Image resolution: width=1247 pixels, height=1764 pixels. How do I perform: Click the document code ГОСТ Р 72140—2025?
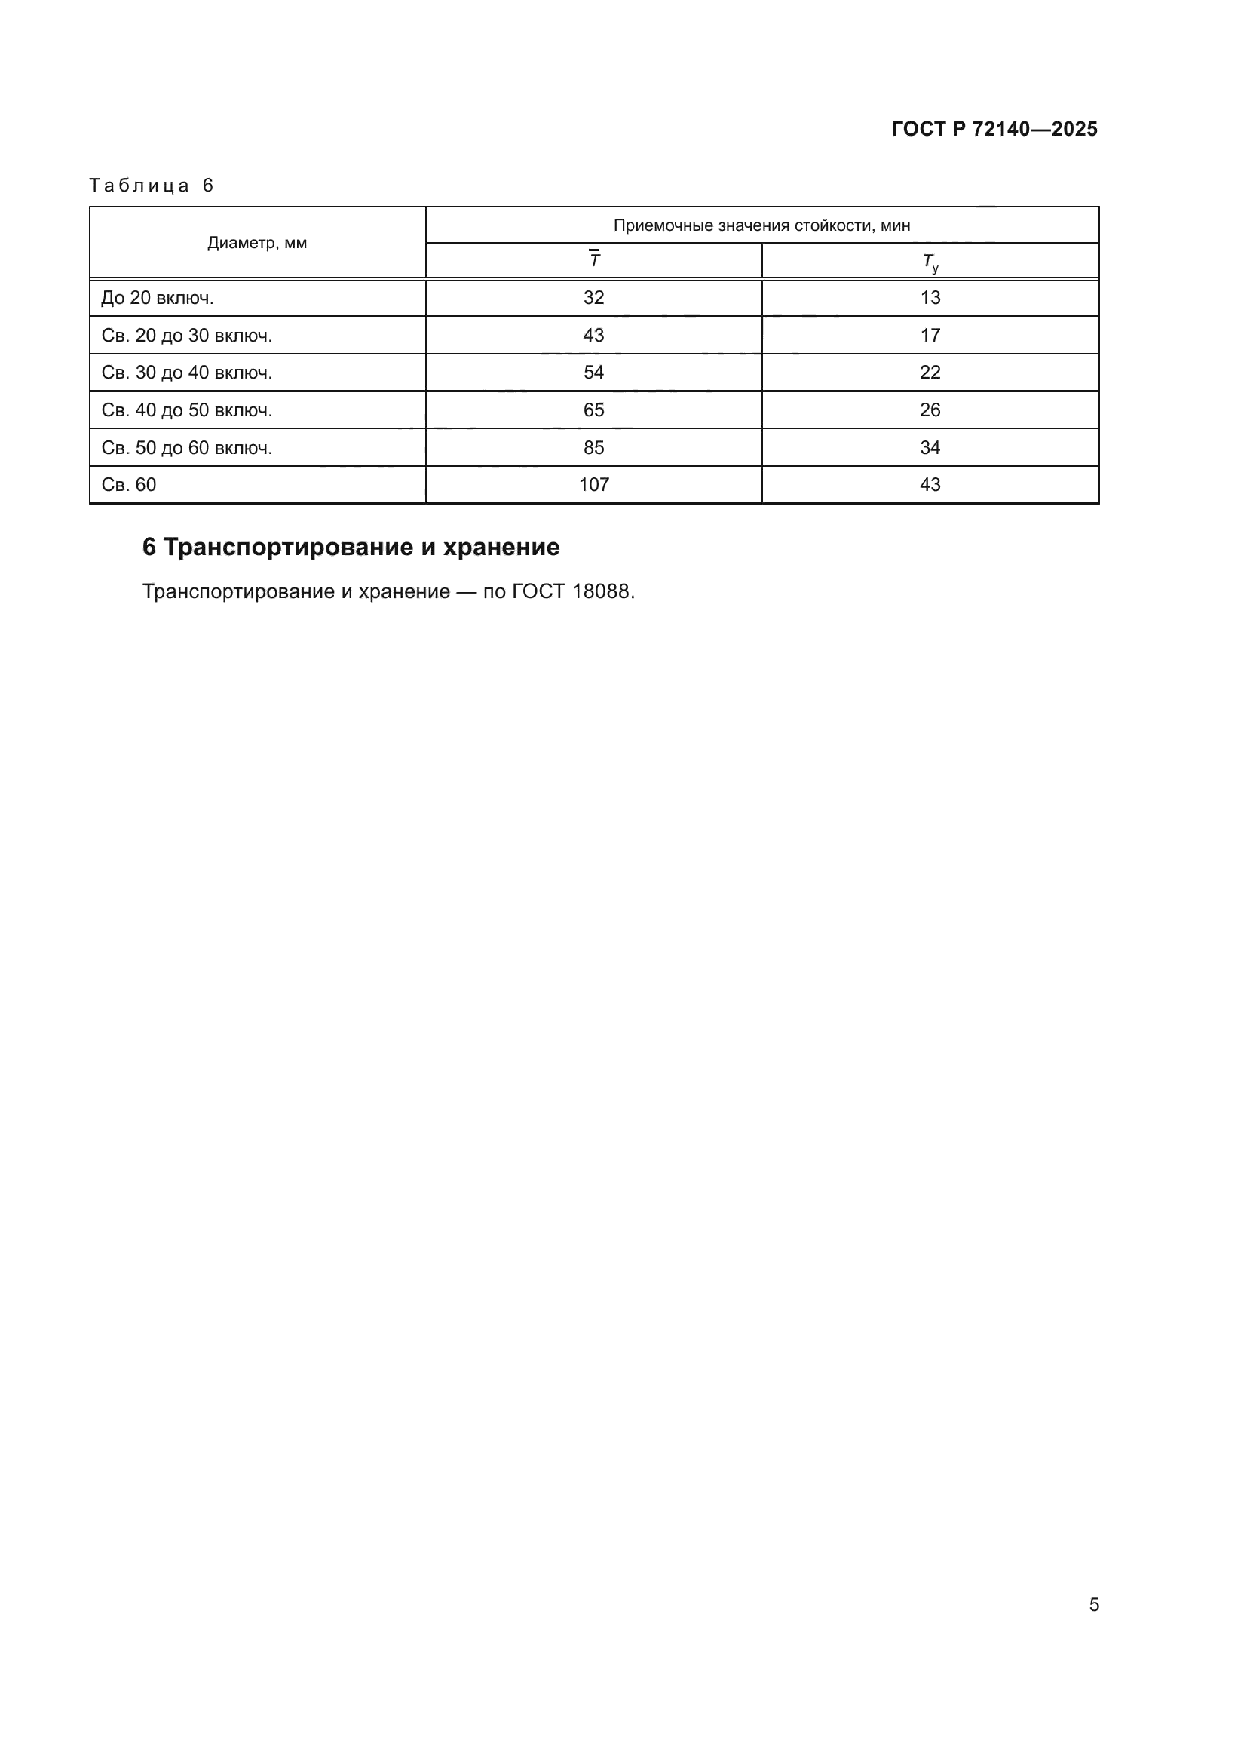tap(994, 129)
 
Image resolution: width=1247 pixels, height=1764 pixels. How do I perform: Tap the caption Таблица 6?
tap(152, 186)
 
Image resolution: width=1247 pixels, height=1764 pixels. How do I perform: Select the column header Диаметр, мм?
tap(257, 243)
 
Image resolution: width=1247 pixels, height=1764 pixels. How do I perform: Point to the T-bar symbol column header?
tap(593, 259)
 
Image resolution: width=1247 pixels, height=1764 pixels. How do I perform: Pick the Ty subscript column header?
tap(930, 262)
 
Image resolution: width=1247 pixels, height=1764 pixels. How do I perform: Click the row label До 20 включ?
tap(158, 298)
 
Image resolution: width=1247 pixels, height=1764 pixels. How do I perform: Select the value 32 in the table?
tap(593, 298)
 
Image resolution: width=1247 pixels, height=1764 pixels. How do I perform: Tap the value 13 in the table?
tap(930, 298)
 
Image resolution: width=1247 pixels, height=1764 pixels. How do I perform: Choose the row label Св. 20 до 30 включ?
tap(186, 336)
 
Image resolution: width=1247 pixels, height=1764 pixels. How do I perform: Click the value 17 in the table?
tap(930, 336)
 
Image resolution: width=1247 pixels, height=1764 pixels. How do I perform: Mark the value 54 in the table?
tap(593, 373)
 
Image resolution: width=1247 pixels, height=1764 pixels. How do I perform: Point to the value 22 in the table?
tap(930, 373)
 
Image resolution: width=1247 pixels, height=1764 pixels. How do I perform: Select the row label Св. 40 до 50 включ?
tap(186, 410)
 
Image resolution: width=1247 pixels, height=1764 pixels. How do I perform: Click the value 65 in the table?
tap(593, 410)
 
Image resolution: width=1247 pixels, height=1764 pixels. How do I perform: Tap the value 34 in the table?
tap(930, 448)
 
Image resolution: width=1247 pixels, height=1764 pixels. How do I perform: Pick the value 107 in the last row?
tap(593, 485)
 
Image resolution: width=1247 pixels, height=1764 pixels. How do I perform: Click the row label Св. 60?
tap(129, 485)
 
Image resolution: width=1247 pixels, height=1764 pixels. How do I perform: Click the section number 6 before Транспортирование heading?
tap(149, 547)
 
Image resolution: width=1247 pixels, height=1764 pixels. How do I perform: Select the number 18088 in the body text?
tap(600, 591)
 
